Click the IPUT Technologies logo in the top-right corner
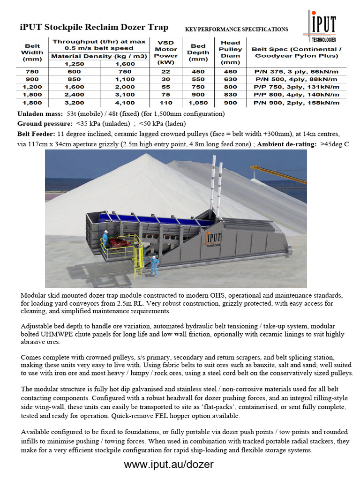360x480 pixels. coord(322,27)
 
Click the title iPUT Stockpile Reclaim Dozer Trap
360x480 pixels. coord(94,27)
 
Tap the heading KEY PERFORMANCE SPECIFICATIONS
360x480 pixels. coord(236,30)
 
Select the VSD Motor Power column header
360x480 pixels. coord(166,52)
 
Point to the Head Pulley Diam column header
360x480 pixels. coord(230,52)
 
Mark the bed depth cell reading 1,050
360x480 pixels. coord(198,103)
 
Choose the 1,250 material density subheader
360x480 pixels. coord(73,64)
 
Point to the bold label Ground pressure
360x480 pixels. coord(44,124)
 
